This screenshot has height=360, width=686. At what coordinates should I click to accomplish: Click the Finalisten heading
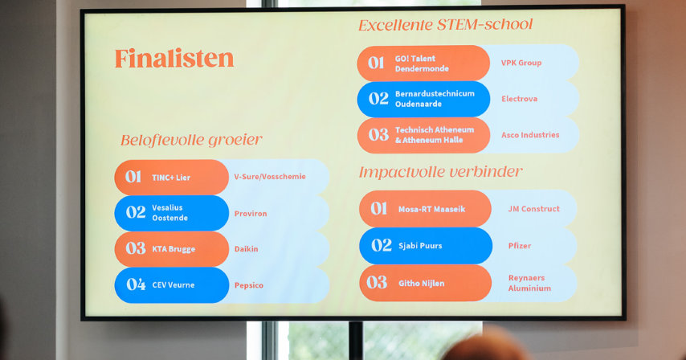pyautogui.click(x=174, y=59)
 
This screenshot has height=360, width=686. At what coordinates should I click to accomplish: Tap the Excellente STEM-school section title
pyautogui.click(x=445, y=24)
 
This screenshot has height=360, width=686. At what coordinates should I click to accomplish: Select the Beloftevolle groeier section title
pyautogui.click(x=191, y=141)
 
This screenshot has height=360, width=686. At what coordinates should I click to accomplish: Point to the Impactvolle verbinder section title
pyautogui.click(x=440, y=172)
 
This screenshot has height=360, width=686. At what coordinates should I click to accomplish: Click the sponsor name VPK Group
pyautogui.click(x=521, y=63)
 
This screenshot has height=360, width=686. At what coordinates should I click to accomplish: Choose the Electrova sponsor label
pyautogui.click(x=519, y=99)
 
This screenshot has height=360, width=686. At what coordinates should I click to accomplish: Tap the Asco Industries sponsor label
pyautogui.click(x=530, y=135)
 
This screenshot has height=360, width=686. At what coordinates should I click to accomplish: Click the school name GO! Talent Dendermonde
pyautogui.click(x=422, y=63)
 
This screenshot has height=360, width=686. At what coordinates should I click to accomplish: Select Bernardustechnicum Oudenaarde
pyautogui.click(x=435, y=99)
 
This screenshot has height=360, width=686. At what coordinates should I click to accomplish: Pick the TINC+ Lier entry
pyautogui.click(x=171, y=178)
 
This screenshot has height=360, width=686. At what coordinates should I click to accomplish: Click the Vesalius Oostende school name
pyautogui.click(x=169, y=213)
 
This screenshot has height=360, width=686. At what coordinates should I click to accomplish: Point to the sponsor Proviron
pyautogui.click(x=251, y=214)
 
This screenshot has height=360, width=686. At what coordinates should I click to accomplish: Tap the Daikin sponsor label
pyautogui.click(x=246, y=249)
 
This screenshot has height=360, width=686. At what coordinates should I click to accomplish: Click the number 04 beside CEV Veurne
pyautogui.click(x=136, y=284)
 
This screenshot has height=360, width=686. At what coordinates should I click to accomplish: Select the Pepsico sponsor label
pyautogui.click(x=248, y=285)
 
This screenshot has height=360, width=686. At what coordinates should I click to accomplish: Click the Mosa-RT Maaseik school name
pyautogui.click(x=431, y=210)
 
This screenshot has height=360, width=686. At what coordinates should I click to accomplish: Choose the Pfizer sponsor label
pyautogui.click(x=519, y=246)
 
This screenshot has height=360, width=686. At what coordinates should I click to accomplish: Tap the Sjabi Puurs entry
pyautogui.click(x=420, y=246)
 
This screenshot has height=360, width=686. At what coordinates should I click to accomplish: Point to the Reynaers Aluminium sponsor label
pyautogui.click(x=529, y=283)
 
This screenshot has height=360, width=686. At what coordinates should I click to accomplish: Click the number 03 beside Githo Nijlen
pyautogui.click(x=377, y=283)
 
